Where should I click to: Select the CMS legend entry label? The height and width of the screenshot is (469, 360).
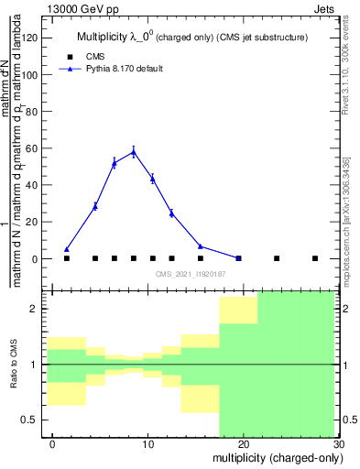click(95, 56)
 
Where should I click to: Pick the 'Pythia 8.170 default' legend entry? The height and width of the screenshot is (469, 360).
click(124, 69)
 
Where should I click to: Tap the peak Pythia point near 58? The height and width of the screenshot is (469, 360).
click(134, 152)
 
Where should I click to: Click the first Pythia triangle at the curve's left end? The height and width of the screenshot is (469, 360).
click(67, 249)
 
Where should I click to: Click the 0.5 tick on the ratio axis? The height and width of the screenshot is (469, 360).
click(35, 420)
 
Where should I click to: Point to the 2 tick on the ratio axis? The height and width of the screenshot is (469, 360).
click(38, 309)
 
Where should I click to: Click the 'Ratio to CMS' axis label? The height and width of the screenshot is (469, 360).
click(15, 364)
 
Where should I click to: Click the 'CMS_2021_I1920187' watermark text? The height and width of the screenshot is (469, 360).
click(190, 274)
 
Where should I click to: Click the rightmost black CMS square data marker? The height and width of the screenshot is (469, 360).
click(315, 258)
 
